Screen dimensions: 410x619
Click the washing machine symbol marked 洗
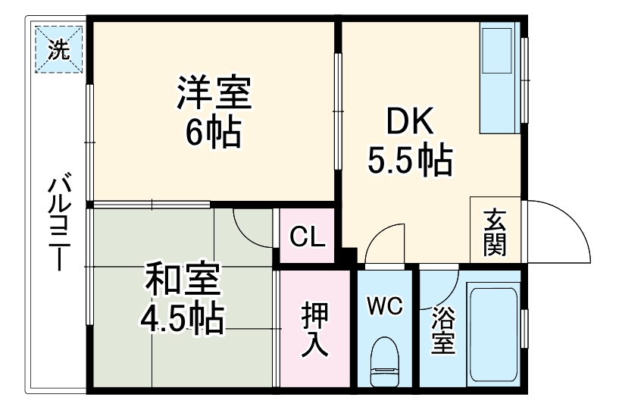click(x=58, y=50)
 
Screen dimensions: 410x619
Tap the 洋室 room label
click(x=213, y=95)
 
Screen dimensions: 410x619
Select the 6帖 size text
click(x=213, y=133)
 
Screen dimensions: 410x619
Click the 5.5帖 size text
click(x=410, y=160)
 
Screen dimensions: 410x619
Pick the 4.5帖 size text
click(x=182, y=319)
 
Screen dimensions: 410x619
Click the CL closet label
click(x=308, y=237)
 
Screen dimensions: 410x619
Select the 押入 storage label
click(x=314, y=329)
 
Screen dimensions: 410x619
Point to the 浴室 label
click(x=444, y=330)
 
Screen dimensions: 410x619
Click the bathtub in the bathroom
click(x=492, y=333)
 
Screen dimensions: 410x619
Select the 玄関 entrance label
click(x=495, y=232)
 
